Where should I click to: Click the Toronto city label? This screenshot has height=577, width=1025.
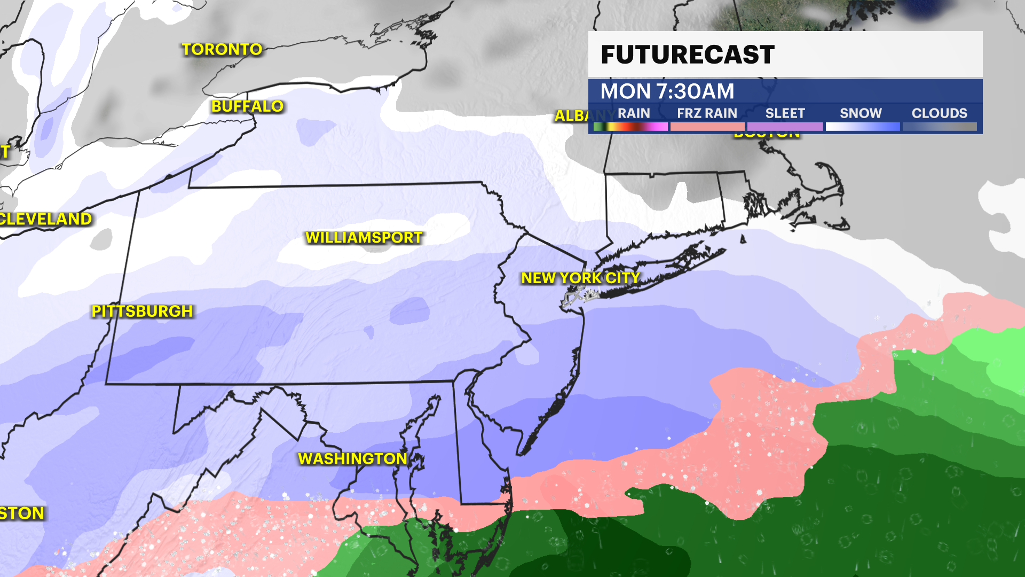pos(222,50)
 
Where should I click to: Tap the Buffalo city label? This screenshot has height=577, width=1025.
pos(247,106)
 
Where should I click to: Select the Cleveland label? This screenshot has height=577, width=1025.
pos(46,219)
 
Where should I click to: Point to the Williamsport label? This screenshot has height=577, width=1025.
pos(364,238)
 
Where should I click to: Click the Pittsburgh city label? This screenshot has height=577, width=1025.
pos(142,311)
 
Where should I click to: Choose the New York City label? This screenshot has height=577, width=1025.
pos(580,278)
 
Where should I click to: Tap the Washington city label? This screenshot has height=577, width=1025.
pos(352,459)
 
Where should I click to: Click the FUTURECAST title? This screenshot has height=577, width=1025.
pos(688,54)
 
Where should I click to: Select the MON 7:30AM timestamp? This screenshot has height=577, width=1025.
pos(667,91)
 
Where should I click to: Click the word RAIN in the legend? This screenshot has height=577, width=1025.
pos(634,113)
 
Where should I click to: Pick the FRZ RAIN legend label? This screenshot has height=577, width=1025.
pos(707,113)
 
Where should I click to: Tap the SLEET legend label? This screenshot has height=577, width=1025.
pos(785,113)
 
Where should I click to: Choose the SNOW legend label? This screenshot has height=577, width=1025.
pos(861,113)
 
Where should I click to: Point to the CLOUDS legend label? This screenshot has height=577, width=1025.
pos(939,113)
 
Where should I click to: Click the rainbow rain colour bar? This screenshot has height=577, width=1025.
pos(630,127)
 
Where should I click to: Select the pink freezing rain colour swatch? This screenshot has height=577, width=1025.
pos(707,127)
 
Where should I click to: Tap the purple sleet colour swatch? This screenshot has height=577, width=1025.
pos(785,127)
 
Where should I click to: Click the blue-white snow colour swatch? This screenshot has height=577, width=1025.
pos(862,127)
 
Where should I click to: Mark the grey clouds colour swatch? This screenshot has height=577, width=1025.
pos(940,127)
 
